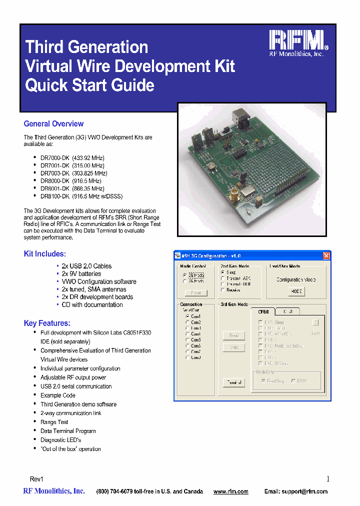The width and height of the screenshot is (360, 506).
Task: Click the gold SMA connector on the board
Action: (233, 192)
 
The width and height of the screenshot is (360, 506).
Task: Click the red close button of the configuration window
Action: (326, 256)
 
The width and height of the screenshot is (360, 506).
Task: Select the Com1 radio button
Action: (187, 316)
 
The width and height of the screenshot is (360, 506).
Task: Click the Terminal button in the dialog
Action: (233, 382)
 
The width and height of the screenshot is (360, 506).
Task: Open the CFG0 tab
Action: (263, 311)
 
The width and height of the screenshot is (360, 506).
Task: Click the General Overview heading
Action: (53, 124)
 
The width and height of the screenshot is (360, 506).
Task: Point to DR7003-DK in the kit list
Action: (54, 173)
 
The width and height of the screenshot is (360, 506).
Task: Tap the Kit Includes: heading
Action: (45, 254)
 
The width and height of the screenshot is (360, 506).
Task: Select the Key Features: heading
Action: (47, 323)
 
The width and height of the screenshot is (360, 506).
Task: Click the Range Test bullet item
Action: (54, 422)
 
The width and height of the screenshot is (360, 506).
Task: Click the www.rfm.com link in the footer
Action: (230, 492)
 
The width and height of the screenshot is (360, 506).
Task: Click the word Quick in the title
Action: (46, 85)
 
